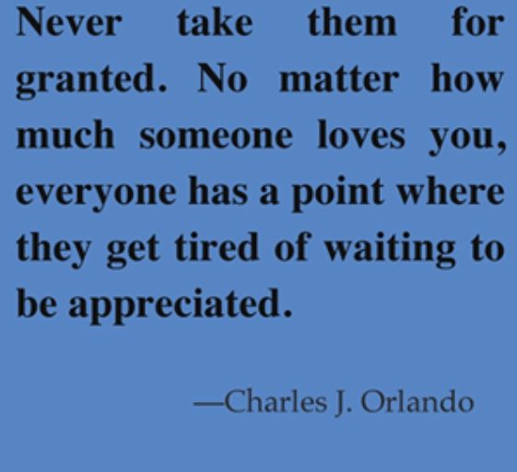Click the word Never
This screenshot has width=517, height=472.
click(69, 22)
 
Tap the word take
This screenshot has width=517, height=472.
click(216, 22)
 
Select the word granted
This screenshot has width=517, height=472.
click(91, 81)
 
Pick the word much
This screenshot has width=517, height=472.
click(65, 135)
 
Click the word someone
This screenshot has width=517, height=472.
click(216, 136)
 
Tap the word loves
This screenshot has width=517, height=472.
click(361, 135)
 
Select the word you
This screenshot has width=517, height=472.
click(465, 139)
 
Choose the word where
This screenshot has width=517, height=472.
click(451, 191)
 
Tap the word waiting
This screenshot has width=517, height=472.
click(391, 250)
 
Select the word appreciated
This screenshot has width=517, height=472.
click(181, 305)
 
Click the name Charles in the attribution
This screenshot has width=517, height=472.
click(276, 401)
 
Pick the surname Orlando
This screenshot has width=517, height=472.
click(417, 401)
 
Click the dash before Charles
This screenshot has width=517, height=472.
click(208, 404)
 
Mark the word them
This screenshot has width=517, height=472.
click(352, 22)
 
